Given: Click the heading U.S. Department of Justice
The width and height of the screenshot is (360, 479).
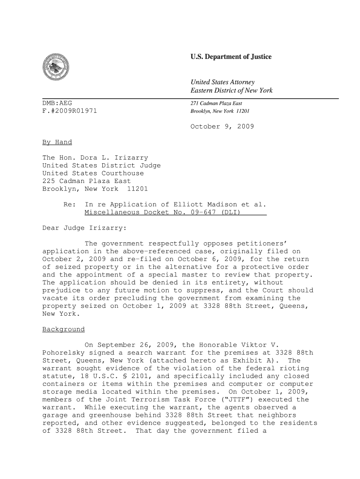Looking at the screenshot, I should (x=231, y=57).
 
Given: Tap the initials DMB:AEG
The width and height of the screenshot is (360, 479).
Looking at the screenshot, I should (x=58, y=103).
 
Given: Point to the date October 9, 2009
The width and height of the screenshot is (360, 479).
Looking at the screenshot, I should (x=222, y=126).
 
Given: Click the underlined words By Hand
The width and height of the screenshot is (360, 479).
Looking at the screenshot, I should (x=57, y=142).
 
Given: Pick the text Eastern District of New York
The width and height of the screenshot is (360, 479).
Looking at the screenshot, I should (x=231, y=90).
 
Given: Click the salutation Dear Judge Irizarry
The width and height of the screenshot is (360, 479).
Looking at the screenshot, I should (x=85, y=228).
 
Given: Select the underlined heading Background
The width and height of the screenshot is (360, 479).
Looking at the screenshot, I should (x=64, y=329).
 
